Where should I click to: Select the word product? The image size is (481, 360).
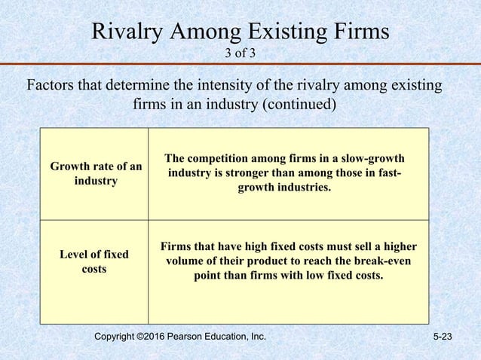263,261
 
